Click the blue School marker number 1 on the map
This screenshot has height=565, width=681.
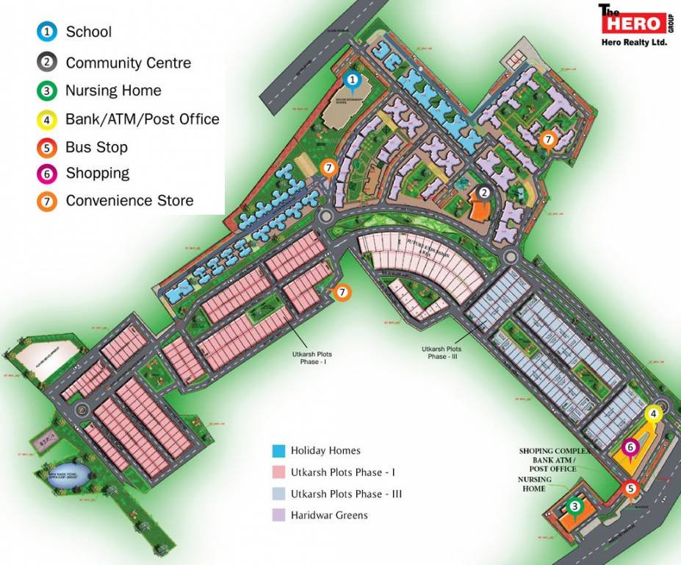point(353,79)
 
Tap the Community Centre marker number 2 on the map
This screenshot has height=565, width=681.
point(483,193)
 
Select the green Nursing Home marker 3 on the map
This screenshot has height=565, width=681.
point(575,506)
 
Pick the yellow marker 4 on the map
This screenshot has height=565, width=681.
point(652,414)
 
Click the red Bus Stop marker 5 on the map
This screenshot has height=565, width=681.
point(630,487)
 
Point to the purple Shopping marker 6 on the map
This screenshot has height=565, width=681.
point(629,447)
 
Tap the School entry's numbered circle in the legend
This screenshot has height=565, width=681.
point(47,32)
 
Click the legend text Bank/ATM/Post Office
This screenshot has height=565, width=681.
point(142,118)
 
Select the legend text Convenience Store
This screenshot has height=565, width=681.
point(129,200)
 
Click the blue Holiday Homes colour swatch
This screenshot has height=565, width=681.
point(278,450)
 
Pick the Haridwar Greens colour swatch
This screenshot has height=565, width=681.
point(278,515)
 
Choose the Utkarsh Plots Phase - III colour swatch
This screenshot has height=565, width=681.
point(278,494)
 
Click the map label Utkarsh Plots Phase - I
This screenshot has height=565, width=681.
point(311,358)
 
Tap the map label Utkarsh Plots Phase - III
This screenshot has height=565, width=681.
point(442,352)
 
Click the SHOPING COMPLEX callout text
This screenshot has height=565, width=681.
point(555,451)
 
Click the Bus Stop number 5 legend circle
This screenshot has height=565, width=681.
point(47,147)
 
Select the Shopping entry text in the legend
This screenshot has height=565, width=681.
point(97,174)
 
